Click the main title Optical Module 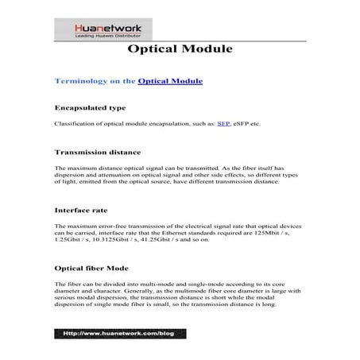coord(180,50)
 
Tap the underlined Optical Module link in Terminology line coord(170,81)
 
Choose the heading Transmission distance coord(97,151)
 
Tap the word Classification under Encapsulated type coord(74,125)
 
